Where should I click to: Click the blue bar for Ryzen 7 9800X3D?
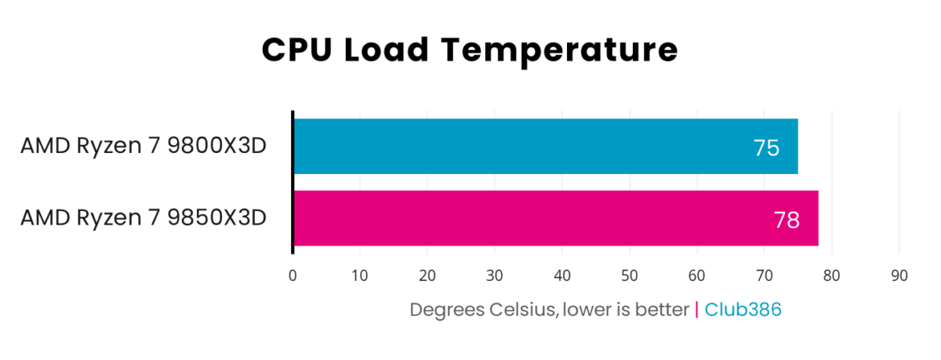pos(510,147)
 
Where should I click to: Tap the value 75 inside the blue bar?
pos(766,147)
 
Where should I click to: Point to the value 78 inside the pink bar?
pos(787,220)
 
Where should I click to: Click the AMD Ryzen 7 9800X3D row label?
pos(144,146)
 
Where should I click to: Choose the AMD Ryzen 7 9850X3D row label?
pos(144,217)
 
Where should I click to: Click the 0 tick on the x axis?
pos(292,276)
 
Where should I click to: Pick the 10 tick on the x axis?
pos(360,276)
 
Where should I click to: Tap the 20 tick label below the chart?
pos(427,276)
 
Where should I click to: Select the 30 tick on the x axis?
pos(495,276)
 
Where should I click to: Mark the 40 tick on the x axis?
pos(562,276)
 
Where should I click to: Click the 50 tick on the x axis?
pos(630,276)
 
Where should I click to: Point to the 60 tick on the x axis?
pos(697,276)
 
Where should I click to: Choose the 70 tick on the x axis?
pos(765,276)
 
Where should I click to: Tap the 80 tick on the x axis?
pos(832,276)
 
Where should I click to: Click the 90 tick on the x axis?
pos(899,276)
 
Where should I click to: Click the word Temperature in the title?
pos(558,50)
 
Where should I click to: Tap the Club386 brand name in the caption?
pos(743,310)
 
